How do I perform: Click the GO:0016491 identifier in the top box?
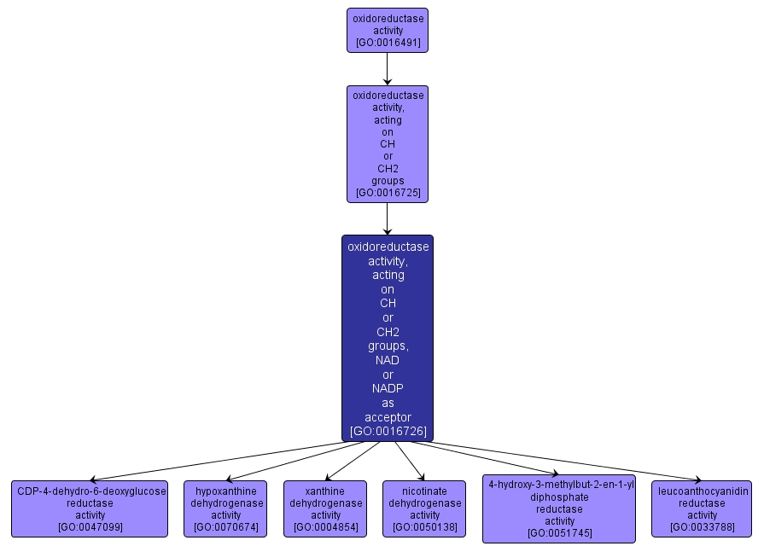click(x=388, y=43)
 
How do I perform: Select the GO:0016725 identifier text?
click(x=388, y=193)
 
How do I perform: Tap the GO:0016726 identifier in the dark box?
click(x=388, y=431)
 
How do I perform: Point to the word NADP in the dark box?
click(x=388, y=388)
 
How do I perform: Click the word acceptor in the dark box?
click(x=388, y=416)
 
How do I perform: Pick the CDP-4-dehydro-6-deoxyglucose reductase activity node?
click(x=90, y=508)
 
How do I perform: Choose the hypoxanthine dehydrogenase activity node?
click(x=225, y=508)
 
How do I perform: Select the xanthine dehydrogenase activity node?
click(x=325, y=508)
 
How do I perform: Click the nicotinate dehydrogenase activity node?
click(x=424, y=508)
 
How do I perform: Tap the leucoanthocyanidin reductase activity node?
click(x=702, y=508)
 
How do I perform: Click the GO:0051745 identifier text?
click(x=559, y=533)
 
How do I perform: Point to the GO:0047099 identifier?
click(x=90, y=527)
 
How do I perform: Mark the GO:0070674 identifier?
click(x=225, y=527)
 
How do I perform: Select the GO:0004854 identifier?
click(x=325, y=527)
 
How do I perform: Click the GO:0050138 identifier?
click(x=424, y=527)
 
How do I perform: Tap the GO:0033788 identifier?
click(x=702, y=527)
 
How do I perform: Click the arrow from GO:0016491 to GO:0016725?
click(x=388, y=69)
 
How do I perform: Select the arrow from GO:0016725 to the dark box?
click(x=388, y=218)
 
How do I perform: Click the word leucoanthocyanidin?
click(x=702, y=491)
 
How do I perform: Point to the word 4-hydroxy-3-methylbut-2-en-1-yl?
click(x=559, y=484)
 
